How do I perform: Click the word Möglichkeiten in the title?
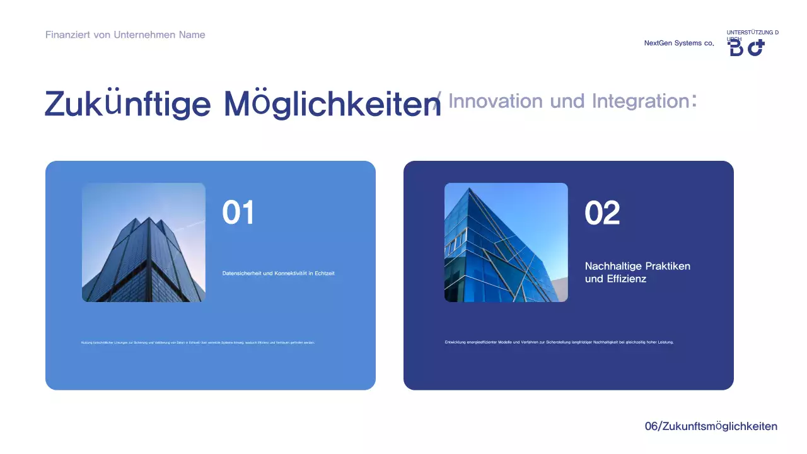332,103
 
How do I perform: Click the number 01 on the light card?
238,213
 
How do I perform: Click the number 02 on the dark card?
602,213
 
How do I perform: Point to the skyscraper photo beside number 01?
144,242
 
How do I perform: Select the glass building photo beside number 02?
506,242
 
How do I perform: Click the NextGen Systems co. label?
679,44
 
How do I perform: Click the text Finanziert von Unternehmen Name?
125,35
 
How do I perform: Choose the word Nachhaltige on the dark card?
611,266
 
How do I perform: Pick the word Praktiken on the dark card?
668,266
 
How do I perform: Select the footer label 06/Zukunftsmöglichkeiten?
711,426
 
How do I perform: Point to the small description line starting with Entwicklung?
559,342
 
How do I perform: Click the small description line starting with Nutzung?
198,342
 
